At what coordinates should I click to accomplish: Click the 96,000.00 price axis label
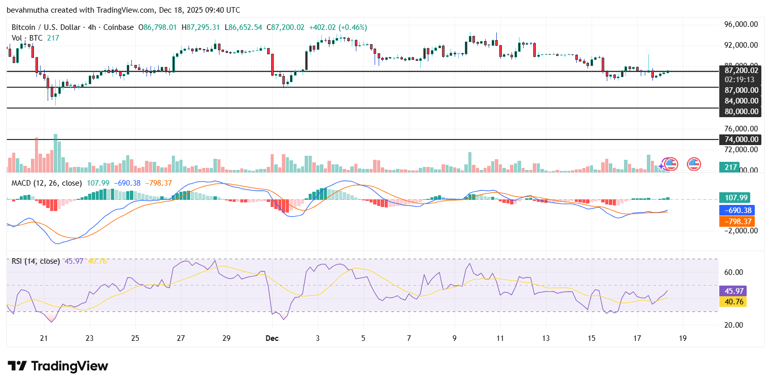coord(741,24)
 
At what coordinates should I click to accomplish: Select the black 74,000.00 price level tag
coord(740,139)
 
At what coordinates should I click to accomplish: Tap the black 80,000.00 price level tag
coord(740,112)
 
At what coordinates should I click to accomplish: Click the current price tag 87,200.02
coord(740,71)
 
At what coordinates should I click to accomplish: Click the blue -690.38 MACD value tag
coord(736,209)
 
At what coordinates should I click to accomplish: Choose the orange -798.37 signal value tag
coord(736,221)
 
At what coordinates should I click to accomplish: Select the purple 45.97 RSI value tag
coord(732,291)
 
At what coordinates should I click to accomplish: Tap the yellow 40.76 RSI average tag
coord(732,301)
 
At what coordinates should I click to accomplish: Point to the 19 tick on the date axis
coord(683,338)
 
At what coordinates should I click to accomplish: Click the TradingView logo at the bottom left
coord(58,366)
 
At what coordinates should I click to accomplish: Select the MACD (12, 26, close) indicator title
coord(47,183)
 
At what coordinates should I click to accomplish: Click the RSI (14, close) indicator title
coord(35,261)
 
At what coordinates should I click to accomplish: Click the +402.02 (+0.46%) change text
coord(337,27)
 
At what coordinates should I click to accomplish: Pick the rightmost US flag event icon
coord(693,164)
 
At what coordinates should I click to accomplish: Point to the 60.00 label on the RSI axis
coord(733,272)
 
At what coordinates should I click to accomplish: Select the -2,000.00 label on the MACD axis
coord(739,230)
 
